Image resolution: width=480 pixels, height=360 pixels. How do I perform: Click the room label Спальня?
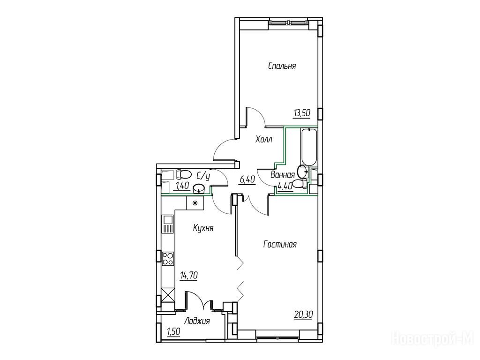[x=282, y=66]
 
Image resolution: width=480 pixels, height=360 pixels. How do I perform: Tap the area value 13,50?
[x=302, y=113]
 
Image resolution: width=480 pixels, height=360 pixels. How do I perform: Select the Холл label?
[x=264, y=140]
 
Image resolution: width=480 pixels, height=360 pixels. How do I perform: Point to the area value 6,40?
[x=247, y=180]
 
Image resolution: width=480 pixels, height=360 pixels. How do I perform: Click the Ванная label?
[x=283, y=175]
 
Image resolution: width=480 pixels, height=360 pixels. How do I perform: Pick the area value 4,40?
[x=285, y=187]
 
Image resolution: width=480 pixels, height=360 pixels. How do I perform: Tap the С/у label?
[x=203, y=176]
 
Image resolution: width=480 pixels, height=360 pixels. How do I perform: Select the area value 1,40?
[x=181, y=186]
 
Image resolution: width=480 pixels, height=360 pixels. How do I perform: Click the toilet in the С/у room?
[x=183, y=174]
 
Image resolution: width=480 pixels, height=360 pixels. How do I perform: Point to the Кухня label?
[x=203, y=228]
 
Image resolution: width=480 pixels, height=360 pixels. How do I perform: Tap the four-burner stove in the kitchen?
[x=168, y=258]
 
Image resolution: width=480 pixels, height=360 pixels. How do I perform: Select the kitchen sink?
[x=168, y=224]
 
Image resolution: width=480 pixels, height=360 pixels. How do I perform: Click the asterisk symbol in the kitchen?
[x=195, y=202]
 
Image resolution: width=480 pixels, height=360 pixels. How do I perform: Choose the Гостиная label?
[x=280, y=244]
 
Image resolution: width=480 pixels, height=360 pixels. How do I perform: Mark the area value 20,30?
[x=303, y=315]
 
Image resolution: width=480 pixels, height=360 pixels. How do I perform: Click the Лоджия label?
[x=196, y=322]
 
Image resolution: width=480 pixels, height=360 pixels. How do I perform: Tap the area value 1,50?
[x=173, y=331]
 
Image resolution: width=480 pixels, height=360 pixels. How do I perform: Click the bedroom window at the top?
[x=288, y=22]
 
